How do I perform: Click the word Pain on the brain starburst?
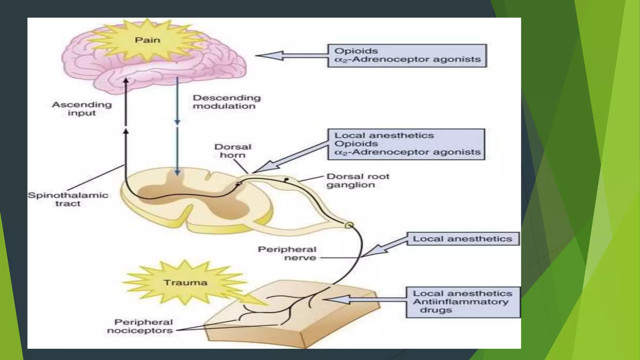click(x=147, y=40)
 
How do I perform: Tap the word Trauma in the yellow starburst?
click(x=185, y=282)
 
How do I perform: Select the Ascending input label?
click(x=82, y=108)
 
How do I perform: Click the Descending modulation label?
click(x=227, y=102)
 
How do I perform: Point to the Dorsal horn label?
click(x=233, y=151)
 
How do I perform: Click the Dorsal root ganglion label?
click(x=357, y=181)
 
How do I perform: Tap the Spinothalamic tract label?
click(x=68, y=199)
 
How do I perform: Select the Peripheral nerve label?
click(x=287, y=253)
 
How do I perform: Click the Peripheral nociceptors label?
click(x=140, y=326)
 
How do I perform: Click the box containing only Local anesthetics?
click(x=462, y=239)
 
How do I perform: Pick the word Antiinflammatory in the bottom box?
click(x=461, y=302)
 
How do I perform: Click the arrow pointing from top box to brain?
click(x=291, y=56)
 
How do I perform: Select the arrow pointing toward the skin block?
click(x=362, y=300)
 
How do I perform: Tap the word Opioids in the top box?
click(x=356, y=51)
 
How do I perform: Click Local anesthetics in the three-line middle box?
click(x=384, y=136)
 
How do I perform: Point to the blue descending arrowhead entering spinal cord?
click(x=177, y=172)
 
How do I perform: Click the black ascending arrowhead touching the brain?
click(x=126, y=81)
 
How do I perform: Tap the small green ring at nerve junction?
click(x=349, y=225)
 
